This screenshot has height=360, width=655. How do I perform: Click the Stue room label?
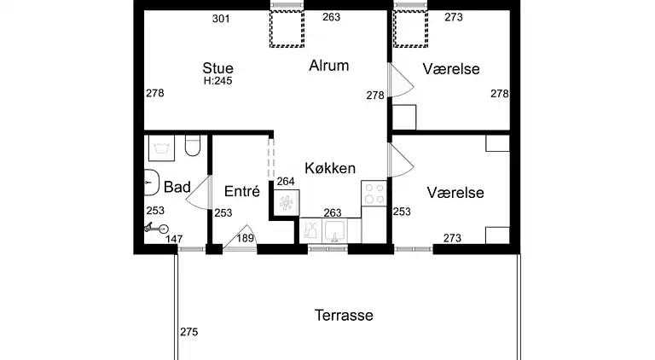pos(217,68)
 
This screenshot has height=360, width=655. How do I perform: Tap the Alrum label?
pos(328,66)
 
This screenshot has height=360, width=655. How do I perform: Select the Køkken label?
pos(330,168)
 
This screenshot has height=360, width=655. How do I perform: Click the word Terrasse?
pos(344,315)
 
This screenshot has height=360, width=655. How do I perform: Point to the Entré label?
pos(242,191)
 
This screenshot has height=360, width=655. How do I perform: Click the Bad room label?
pos(177,187)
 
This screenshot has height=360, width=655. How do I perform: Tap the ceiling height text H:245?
pos(217,80)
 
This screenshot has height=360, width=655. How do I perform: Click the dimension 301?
pos(221,19)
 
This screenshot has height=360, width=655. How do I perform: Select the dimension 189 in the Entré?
pos(246,238)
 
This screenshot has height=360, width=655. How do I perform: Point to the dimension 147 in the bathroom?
pos(174,239)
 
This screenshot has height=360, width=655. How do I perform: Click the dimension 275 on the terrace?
pos(188,332)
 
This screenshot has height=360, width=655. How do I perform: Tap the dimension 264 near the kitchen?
pos(286,181)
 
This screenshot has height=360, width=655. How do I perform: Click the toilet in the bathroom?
pos(193,145)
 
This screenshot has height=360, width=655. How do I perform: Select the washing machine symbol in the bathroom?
pos(161,148)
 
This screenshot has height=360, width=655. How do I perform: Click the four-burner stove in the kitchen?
pos(374,194)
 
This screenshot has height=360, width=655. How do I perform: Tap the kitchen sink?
pos(334,230)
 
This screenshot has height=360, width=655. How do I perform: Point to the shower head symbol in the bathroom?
pos(157,228)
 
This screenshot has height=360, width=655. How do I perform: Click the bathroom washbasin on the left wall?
pos(151,183)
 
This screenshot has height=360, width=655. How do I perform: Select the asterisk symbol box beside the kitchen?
pos(287,203)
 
